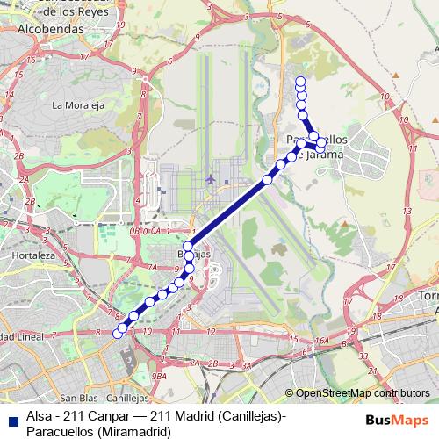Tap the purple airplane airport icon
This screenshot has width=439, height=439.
pos(210,179)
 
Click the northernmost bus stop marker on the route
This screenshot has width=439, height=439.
pos(301,82)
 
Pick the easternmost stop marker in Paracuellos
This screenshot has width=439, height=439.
pos(321,142)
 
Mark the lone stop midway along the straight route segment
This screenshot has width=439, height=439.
pos(268,180)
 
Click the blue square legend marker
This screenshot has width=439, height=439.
pos(11,419)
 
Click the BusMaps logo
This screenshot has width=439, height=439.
pos(398,419)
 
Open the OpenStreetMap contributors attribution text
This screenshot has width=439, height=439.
pos(362,392)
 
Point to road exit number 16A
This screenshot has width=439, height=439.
pos(322,340)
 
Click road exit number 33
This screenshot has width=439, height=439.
pos(363,356)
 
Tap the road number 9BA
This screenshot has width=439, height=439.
pos(159,376)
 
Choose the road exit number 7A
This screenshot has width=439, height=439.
pos(151,267)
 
